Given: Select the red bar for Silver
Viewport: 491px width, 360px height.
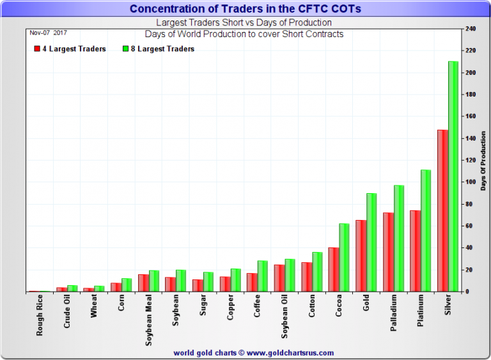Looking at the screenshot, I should click(x=442, y=210).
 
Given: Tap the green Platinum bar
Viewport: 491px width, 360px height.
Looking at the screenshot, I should click(x=426, y=230).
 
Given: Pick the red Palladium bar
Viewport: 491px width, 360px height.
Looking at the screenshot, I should click(x=388, y=252).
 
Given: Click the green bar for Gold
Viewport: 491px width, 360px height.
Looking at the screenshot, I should click(x=371, y=242).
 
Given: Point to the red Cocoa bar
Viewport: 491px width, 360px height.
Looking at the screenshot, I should click(x=333, y=269).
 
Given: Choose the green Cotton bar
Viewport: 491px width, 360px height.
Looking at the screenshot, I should click(x=317, y=272).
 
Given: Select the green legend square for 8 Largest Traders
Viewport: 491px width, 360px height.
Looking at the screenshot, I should click(x=125, y=49).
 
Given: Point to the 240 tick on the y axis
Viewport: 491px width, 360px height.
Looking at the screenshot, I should click(x=471, y=29).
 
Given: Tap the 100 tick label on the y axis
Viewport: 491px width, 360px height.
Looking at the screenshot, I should click(x=471, y=182).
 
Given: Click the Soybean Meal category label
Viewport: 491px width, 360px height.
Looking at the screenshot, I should click(x=148, y=320).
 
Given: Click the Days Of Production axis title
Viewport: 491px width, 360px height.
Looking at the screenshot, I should click(x=484, y=160).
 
